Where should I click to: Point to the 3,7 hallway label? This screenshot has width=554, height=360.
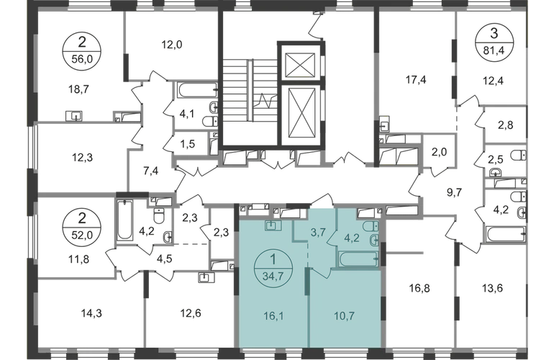coord(319,232)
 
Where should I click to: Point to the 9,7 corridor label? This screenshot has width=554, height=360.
coord(453,191)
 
